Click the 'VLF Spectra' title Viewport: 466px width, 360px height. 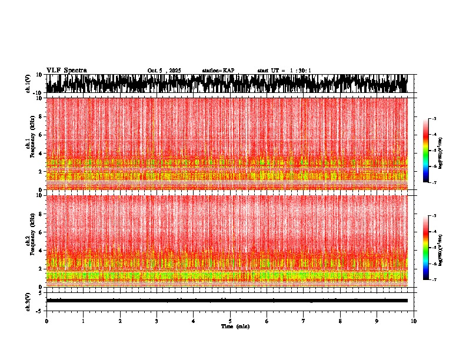(66, 70)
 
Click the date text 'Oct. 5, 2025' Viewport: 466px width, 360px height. (165, 71)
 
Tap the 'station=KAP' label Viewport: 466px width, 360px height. (218, 71)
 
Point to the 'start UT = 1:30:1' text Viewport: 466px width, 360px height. (284, 71)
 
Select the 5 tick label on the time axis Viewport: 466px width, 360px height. (230, 321)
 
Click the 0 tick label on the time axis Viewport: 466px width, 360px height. (46, 321)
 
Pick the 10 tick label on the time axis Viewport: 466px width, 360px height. (414, 321)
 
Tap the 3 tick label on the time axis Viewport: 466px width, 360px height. (157, 321)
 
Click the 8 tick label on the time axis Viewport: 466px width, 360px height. (340, 321)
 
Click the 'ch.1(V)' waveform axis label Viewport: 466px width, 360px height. (28, 84)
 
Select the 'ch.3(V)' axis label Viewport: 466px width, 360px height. (28, 301)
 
